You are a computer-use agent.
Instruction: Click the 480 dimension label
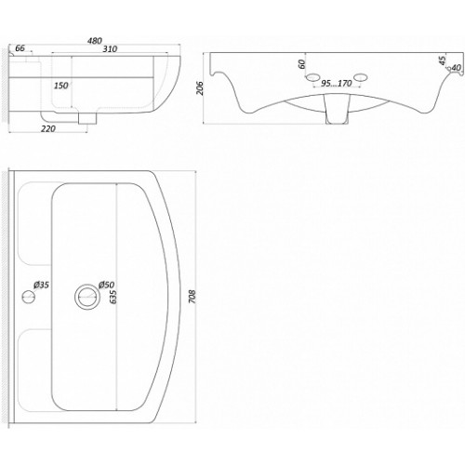tap(95, 41)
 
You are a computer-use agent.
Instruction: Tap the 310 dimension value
tap(110, 49)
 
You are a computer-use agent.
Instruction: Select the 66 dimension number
tap(20, 48)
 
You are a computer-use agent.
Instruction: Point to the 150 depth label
tap(61, 86)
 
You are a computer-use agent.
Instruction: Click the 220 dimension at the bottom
tap(48, 128)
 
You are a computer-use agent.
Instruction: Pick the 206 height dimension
tap(200, 88)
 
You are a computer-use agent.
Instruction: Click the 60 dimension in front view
tap(301, 64)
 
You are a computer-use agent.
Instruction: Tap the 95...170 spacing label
tap(337, 84)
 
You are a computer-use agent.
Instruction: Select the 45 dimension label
tap(443, 60)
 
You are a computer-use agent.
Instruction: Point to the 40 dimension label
tap(457, 68)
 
